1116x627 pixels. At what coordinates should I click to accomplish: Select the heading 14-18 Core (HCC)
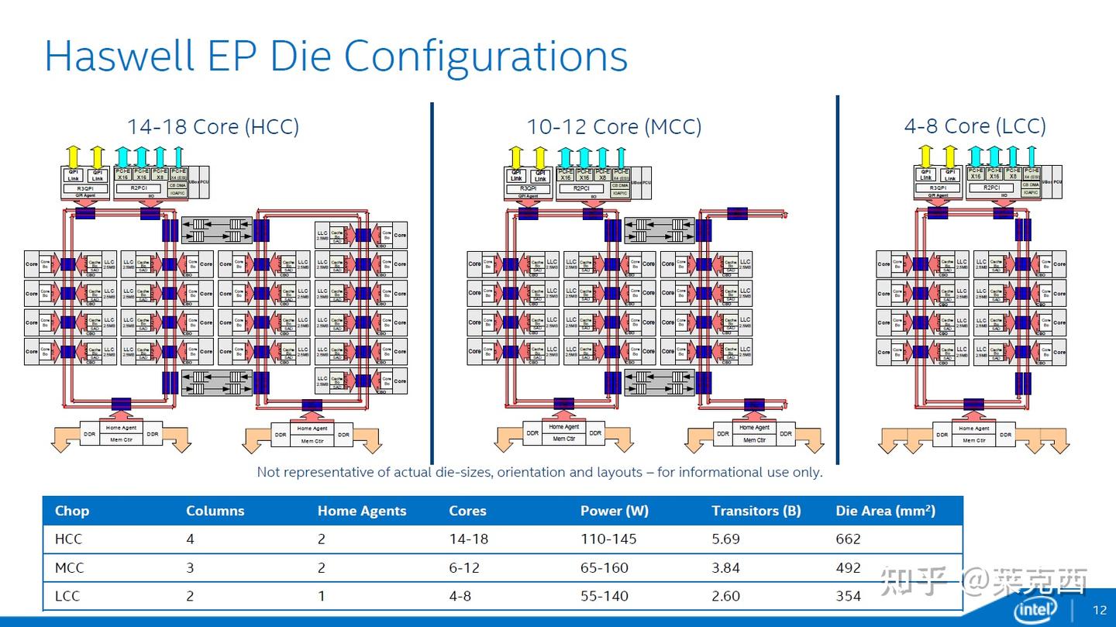213,126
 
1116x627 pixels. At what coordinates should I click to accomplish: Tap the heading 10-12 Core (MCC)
614,126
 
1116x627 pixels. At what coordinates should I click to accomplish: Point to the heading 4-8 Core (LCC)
975,126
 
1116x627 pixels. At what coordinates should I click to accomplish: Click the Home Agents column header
361,511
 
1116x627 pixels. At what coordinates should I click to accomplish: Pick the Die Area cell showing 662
848,539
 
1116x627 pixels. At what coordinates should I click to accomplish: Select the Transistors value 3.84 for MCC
725,568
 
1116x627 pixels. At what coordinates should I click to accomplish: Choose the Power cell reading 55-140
604,596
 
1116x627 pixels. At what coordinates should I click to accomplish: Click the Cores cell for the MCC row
463,568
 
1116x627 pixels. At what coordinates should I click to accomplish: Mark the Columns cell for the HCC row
191,539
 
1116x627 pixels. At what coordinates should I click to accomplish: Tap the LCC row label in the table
67,596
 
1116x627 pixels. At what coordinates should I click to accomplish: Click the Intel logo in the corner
1035,609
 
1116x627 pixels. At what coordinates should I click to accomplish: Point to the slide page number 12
1100,610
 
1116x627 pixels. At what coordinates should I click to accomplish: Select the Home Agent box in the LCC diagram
973,428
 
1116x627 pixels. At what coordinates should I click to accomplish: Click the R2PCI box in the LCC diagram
992,188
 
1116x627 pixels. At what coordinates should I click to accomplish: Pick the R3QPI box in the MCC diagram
527,188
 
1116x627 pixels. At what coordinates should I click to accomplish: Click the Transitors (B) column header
756,511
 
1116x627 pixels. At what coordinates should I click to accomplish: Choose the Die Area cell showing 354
848,596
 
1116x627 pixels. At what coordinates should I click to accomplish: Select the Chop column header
71,511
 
